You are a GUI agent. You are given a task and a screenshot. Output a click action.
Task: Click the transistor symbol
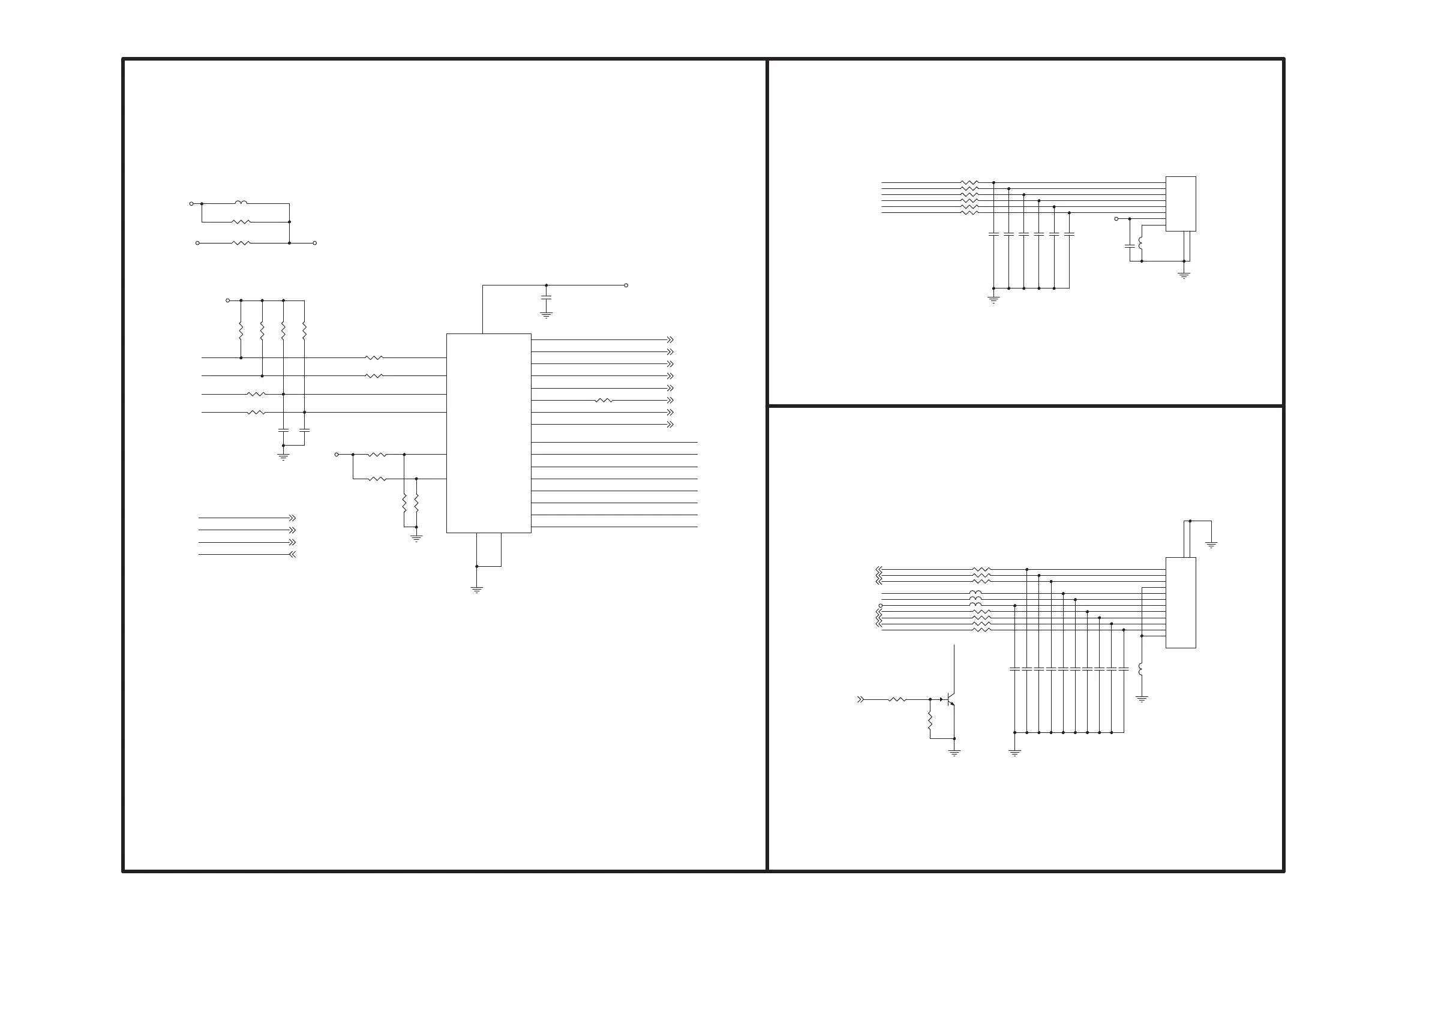click(950, 699)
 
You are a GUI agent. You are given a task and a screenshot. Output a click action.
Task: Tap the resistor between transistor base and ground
click(930, 721)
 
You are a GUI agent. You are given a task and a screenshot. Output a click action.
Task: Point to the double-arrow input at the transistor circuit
click(861, 699)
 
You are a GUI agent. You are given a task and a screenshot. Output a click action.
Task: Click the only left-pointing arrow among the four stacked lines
click(293, 554)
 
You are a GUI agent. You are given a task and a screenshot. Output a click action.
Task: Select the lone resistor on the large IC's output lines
click(604, 401)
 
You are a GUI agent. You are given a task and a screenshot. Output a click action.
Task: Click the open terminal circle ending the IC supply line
click(626, 285)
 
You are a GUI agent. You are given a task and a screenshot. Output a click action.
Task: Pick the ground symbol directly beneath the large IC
click(477, 589)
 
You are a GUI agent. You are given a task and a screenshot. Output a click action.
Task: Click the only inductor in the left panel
click(241, 203)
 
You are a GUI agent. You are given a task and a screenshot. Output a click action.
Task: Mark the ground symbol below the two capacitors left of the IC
click(283, 457)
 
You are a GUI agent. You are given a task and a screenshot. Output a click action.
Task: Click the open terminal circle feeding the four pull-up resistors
click(228, 300)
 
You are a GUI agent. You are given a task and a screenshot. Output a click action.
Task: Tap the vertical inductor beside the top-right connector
click(1141, 244)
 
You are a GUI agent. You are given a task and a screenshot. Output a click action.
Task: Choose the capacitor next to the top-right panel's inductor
click(1130, 247)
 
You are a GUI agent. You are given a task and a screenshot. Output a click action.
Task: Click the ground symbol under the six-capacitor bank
click(993, 299)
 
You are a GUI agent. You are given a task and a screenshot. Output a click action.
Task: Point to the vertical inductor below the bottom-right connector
click(1142, 669)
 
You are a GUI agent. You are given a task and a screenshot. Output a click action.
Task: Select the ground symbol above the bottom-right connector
click(1211, 545)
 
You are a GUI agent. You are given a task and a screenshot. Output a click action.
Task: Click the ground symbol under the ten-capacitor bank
click(1014, 753)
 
